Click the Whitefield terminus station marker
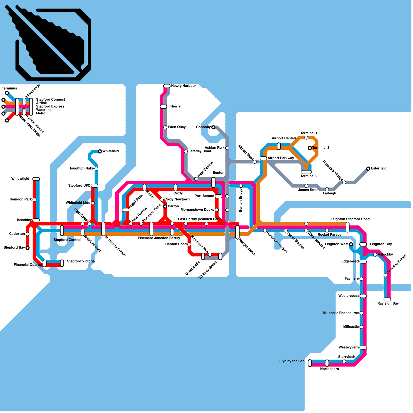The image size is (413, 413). tap(100, 151)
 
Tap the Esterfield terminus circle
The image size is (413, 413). tap(368, 169)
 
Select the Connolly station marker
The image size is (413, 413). tap(213, 127)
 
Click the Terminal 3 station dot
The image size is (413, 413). tap(310, 148)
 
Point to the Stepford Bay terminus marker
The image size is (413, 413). tap(28, 248)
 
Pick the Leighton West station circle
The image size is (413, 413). tap(351, 244)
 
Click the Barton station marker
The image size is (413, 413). tap(165, 206)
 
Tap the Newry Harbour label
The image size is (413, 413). tap(184, 86)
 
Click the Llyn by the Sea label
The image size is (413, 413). tap(292, 361)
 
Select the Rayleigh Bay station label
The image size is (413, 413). tap(388, 303)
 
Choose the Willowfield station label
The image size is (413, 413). tap(20, 179)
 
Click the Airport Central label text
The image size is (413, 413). tap(284, 138)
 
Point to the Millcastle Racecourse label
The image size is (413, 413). tap(341, 313)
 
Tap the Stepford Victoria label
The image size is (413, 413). tap(81, 261)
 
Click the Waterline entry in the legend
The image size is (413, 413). tap(44, 110)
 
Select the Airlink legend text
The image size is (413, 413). tap(42, 103)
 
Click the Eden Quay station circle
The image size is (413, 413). tap(165, 127)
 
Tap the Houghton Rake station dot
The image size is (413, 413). tap(96, 169)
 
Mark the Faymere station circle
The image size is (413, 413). tap(361, 279)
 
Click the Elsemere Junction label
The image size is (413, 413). tap(153, 238)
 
